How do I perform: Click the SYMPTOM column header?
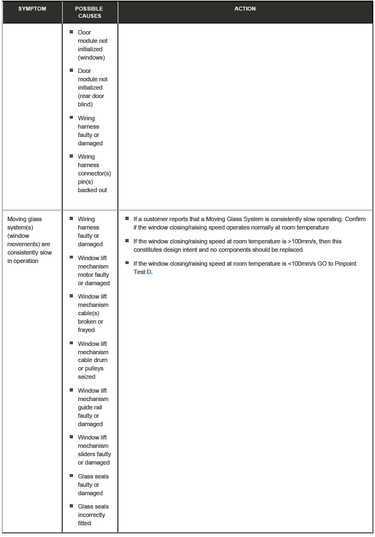pos(31,9)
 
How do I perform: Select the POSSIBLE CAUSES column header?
pos(89,12)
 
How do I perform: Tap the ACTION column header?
pos(245,9)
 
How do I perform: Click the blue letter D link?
pos(149,271)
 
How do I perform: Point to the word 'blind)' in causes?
pos(85,104)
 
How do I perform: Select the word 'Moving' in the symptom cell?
pos(17,219)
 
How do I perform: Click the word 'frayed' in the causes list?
pos(86,330)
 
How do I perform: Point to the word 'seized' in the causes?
pos(86,377)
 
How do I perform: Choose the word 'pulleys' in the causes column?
pos(94,368)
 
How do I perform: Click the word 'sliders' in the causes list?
pos(87,454)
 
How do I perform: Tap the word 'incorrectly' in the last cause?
pos(91,515)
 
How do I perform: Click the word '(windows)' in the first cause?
pos(91,57)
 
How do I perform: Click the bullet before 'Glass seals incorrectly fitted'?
pos(72,506)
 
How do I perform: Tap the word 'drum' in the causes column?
pos(101,360)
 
